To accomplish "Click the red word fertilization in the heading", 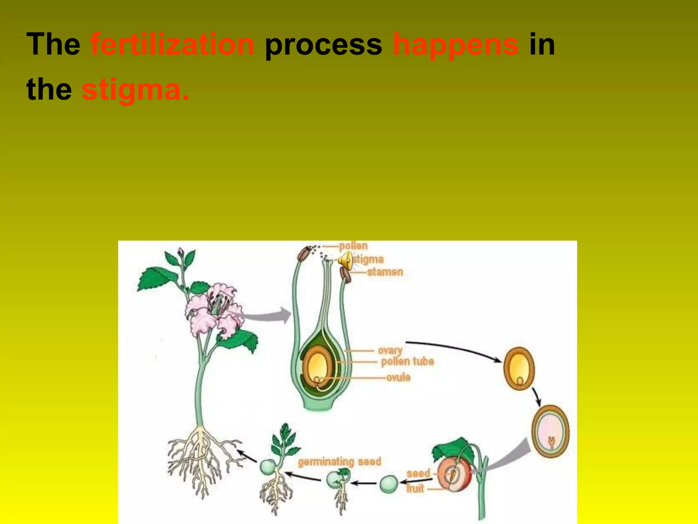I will [x=172, y=44].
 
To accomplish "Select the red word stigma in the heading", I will [x=135, y=90].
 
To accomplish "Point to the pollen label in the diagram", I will [x=353, y=246].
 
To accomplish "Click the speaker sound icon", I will [x=345, y=260].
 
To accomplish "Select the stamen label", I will [x=385, y=272].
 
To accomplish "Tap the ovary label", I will [x=390, y=350].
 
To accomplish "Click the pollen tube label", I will [x=407, y=362].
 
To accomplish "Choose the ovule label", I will [x=398, y=377].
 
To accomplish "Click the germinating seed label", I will [x=339, y=462].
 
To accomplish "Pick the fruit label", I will [x=415, y=489].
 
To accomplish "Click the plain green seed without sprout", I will [x=388, y=484].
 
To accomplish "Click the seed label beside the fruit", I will [x=418, y=474].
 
